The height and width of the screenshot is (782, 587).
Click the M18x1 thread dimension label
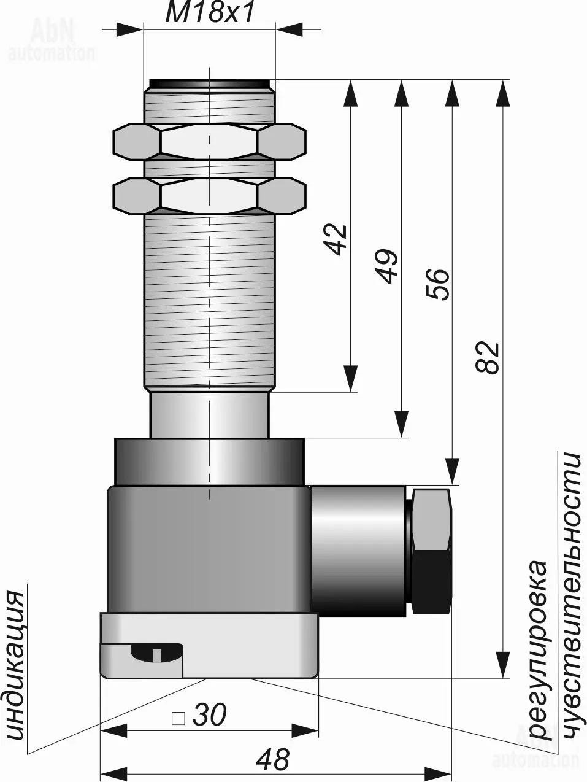(209, 13)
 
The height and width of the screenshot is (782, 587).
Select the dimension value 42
(336, 239)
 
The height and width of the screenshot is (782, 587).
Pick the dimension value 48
(273, 761)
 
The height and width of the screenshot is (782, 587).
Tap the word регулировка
(538, 648)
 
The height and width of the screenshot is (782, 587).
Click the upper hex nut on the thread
(209, 142)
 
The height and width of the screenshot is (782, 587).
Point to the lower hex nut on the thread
(209, 196)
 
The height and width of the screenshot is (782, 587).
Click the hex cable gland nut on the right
(432, 551)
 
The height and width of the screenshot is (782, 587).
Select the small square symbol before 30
(178, 717)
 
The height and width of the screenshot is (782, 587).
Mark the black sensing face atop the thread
(209, 83)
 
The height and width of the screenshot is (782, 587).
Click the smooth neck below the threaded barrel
(209, 415)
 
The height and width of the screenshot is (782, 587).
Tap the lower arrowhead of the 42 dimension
(350, 379)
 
